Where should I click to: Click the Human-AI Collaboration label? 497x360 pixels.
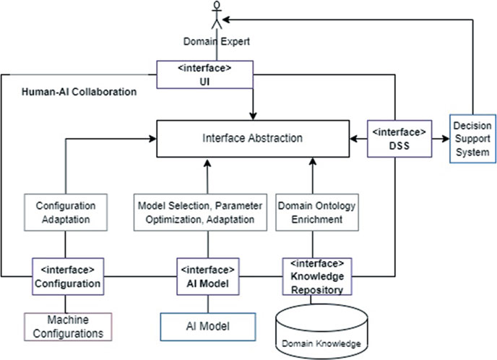coord(79,93)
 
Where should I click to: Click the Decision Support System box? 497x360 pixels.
coord(471,137)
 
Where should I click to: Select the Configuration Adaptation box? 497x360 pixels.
coord(66,211)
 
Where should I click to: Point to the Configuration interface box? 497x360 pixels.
coord(66,276)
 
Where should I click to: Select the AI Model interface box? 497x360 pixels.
coord(207,276)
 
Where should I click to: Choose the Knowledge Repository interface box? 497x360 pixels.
coord(318,276)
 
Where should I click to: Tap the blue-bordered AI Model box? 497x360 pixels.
coord(207,327)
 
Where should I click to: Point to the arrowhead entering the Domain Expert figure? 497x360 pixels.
coord(225,20)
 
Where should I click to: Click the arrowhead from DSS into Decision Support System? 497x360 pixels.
coord(442,137)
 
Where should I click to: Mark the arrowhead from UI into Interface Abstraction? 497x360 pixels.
coord(251,114)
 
